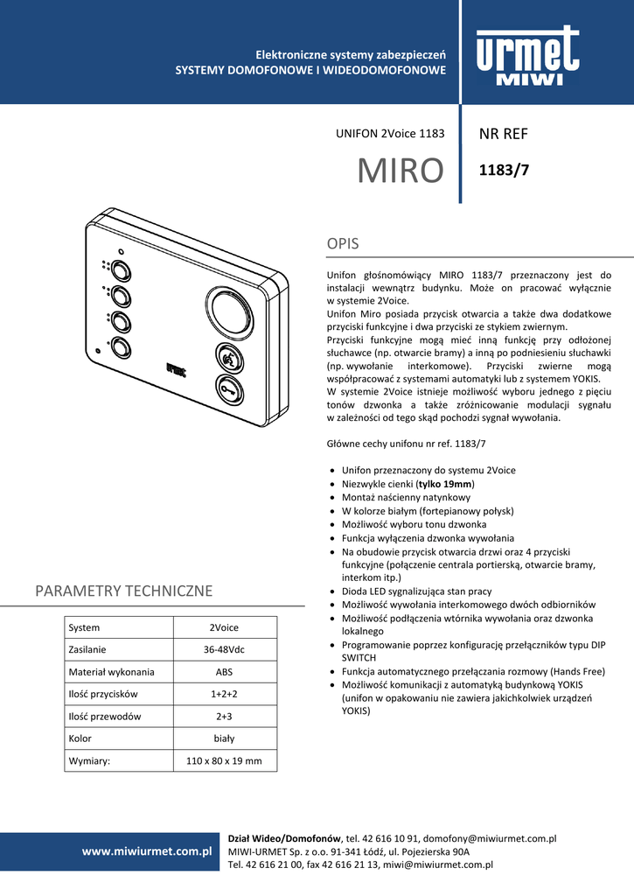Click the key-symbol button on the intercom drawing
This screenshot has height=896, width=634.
[x=228, y=390]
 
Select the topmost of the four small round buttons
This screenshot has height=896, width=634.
[x=120, y=269]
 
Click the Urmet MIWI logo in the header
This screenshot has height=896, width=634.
[x=527, y=57]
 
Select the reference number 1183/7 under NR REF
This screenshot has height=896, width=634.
[x=505, y=171]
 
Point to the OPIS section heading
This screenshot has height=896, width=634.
[x=343, y=243]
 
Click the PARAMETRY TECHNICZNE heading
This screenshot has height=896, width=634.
[x=123, y=591]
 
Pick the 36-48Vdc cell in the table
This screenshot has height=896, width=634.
[x=224, y=650]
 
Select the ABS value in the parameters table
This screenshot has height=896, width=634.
[x=224, y=672]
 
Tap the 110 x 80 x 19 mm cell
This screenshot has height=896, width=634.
[x=224, y=761]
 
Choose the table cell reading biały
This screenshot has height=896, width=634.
[x=224, y=738]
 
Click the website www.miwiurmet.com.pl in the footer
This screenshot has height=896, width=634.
[x=148, y=850]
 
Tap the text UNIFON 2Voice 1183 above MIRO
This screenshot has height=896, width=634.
[x=390, y=134]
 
